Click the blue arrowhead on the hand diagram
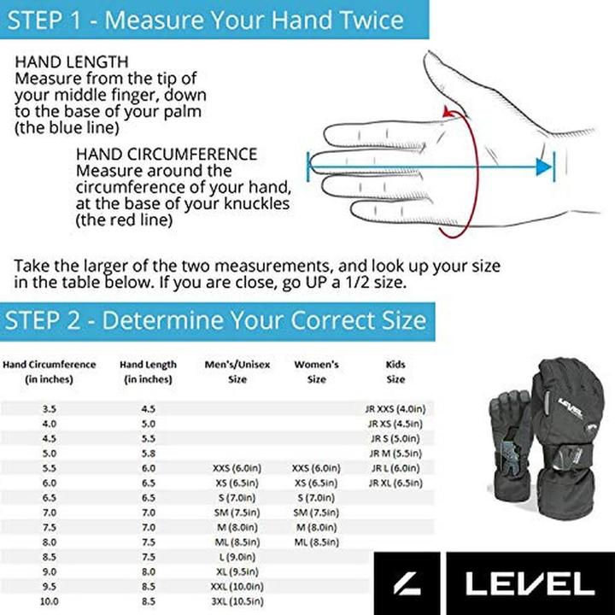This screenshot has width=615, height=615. point(544,167)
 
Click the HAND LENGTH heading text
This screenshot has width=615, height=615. point(72,62)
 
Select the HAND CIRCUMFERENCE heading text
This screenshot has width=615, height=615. point(166,155)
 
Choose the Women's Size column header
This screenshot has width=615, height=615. point(316,372)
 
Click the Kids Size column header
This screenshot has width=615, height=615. point(395,372)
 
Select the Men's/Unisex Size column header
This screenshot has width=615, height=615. point(237,372)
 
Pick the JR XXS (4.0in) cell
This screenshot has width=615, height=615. point(395,409)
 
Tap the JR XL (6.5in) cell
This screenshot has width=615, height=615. point(395,483)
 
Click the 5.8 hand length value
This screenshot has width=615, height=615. point(148,454)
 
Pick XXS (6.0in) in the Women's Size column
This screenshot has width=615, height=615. point(316,469)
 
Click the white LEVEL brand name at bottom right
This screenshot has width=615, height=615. point(529,584)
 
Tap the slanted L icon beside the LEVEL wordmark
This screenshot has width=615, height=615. point(407,584)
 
